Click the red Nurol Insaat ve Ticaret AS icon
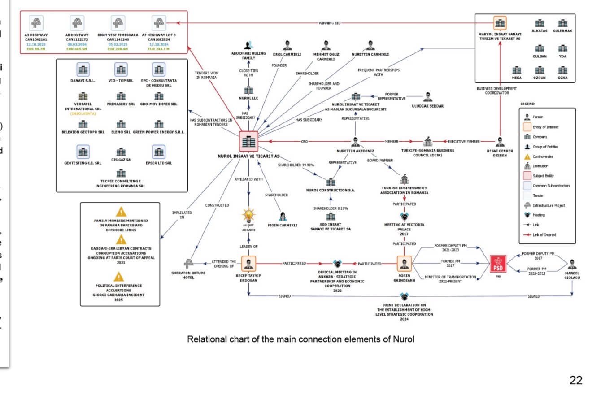[248, 142]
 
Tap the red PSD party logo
[497, 264]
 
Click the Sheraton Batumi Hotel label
[188, 275]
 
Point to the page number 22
[576, 381]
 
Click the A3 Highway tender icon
[36, 23]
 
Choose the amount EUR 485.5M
[77, 48]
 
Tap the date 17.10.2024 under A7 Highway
[159, 44]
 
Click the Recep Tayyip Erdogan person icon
[248, 264]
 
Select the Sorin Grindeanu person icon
[405, 264]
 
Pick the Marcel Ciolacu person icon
[572, 264]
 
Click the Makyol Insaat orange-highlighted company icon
[500, 23]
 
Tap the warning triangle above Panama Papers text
[121, 212]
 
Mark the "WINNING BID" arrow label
[330, 22]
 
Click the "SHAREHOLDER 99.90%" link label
[296, 165]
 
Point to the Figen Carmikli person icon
[283, 217]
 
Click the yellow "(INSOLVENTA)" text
[83, 113]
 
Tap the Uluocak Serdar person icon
[428, 97]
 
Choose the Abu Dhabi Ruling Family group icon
[248, 45]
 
